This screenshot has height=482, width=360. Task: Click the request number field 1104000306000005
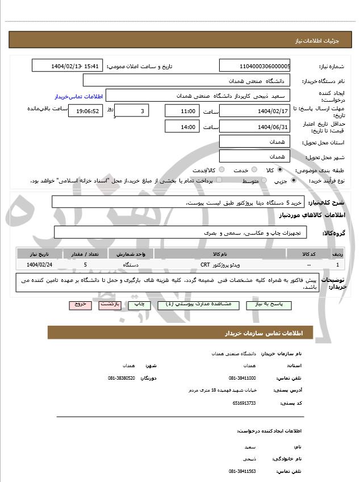[254, 67]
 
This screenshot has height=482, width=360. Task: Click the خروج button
[79, 305]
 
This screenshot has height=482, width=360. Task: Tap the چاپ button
[140, 305]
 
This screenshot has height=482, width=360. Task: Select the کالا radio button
[280, 169]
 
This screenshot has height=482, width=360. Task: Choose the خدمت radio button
[254, 169]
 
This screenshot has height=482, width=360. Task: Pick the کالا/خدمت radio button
[221, 169]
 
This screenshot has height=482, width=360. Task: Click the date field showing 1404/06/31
[254, 126]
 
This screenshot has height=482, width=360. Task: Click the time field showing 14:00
[182, 126]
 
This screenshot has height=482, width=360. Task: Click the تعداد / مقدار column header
[85, 254]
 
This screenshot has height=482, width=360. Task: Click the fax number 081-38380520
[122, 377]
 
